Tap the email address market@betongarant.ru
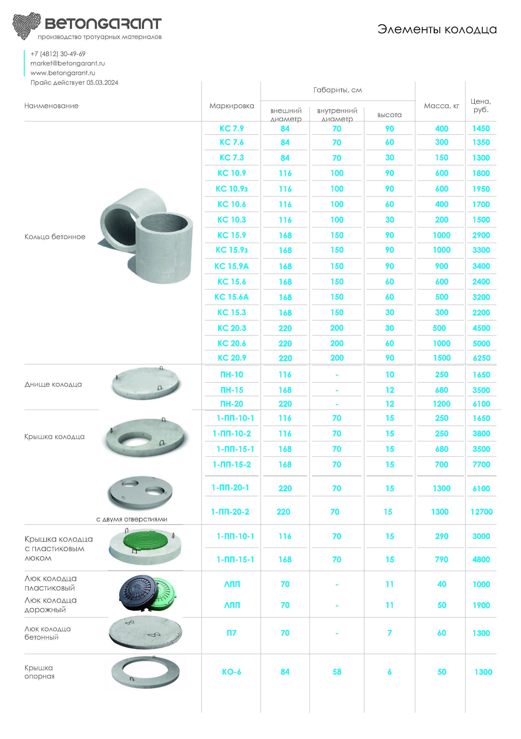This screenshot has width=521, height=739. [68, 63]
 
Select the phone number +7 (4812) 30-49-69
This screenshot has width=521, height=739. [58, 54]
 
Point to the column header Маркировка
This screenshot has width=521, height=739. [232, 106]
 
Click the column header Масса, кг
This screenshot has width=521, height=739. [441, 106]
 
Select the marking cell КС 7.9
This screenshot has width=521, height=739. [232, 128]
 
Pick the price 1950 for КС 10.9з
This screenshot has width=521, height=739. [481, 189]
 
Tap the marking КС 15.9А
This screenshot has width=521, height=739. [232, 266]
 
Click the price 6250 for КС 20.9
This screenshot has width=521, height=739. [481, 358]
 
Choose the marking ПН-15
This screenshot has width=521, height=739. [232, 390]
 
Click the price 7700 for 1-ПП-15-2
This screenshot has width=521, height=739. [481, 464]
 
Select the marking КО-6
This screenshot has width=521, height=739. [232, 672]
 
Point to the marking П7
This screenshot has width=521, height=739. [232, 633]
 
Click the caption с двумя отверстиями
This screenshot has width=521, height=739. [132, 519]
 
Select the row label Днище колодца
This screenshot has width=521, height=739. [53, 384]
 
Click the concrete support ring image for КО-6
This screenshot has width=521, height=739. [145, 672]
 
